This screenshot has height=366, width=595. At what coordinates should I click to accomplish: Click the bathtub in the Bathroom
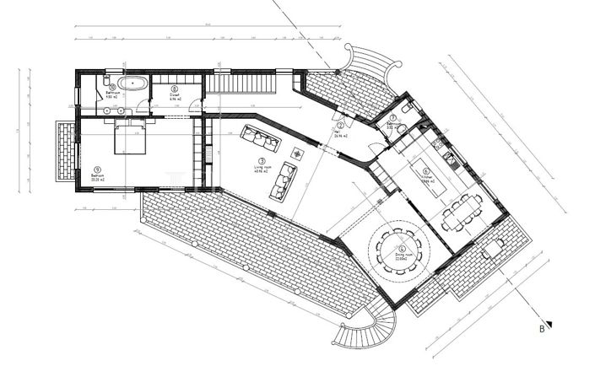130,83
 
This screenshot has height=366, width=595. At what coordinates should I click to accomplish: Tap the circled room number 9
99,168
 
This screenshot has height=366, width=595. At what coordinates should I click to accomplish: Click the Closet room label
174,94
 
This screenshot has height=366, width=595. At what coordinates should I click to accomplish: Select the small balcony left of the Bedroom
64,152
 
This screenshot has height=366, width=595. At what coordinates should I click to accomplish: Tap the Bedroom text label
99,176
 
